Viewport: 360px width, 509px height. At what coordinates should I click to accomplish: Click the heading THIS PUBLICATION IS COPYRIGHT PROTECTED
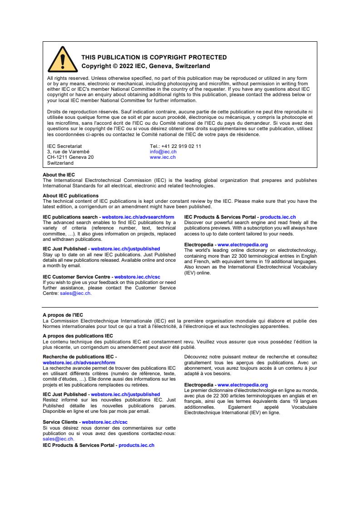(154, 58)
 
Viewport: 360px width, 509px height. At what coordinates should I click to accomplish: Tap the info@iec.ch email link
(163, 152)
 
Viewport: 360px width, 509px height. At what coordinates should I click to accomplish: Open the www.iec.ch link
(163, 157)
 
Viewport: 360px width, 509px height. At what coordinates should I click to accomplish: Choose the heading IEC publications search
(70, 217)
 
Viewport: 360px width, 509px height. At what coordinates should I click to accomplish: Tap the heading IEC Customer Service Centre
(76, 276)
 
